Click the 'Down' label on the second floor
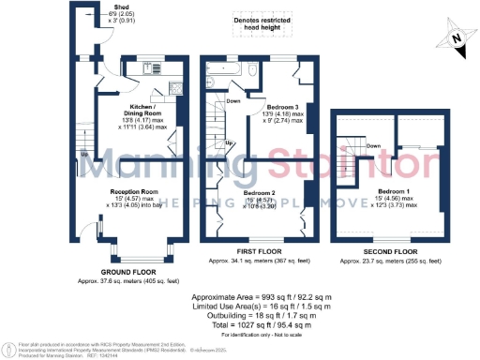pyautogui.click(x=373, y=145)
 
